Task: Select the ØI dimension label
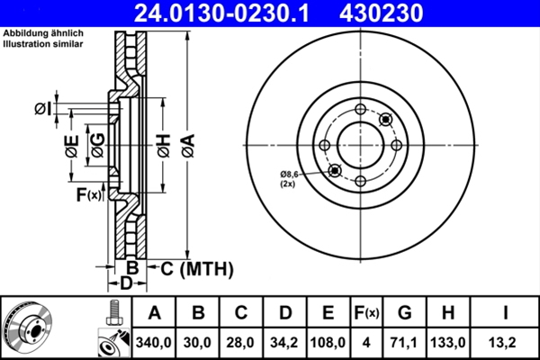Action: [41, 109]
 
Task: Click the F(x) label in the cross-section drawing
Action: [89, 194]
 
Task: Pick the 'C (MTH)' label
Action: [196, 268]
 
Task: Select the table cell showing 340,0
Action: [154, 342]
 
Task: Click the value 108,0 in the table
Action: [328, 342]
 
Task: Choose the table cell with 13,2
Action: [505, 342]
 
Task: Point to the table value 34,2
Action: [284, 342]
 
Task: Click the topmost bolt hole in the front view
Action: [361, 110]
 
